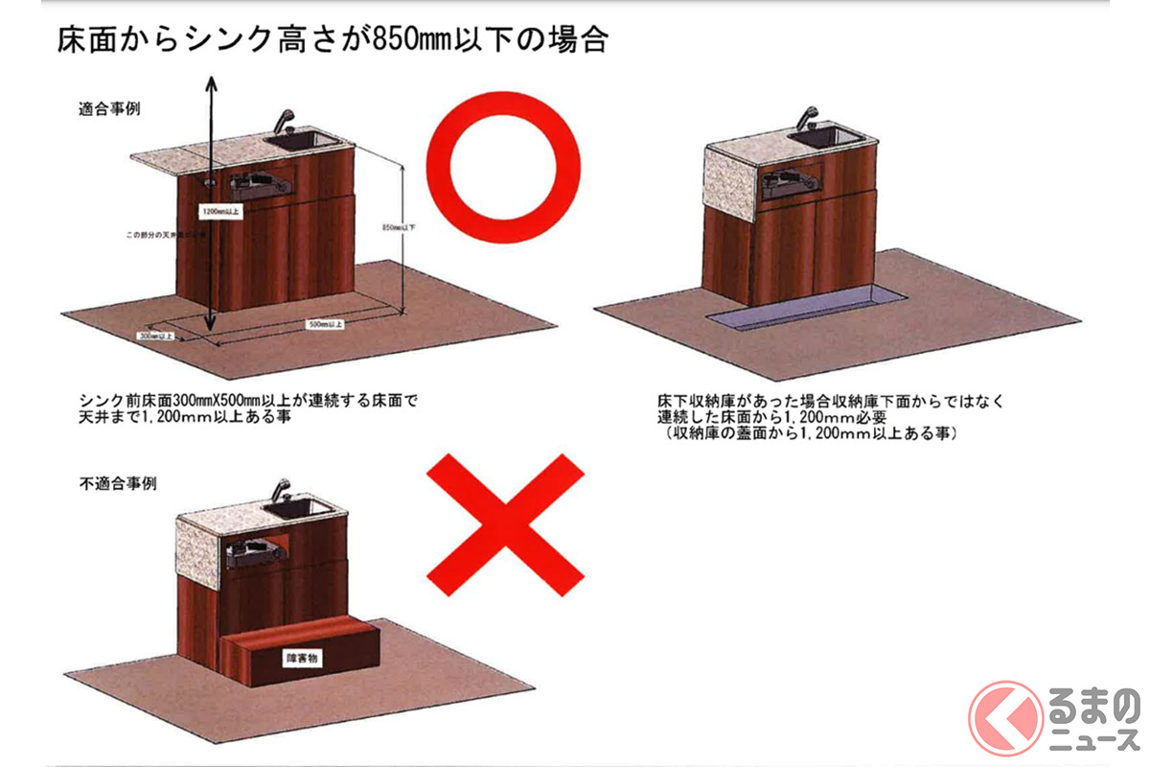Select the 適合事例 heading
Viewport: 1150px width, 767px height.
[x=109, y=109]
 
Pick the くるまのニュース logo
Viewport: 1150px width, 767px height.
[x=1054, y=717]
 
